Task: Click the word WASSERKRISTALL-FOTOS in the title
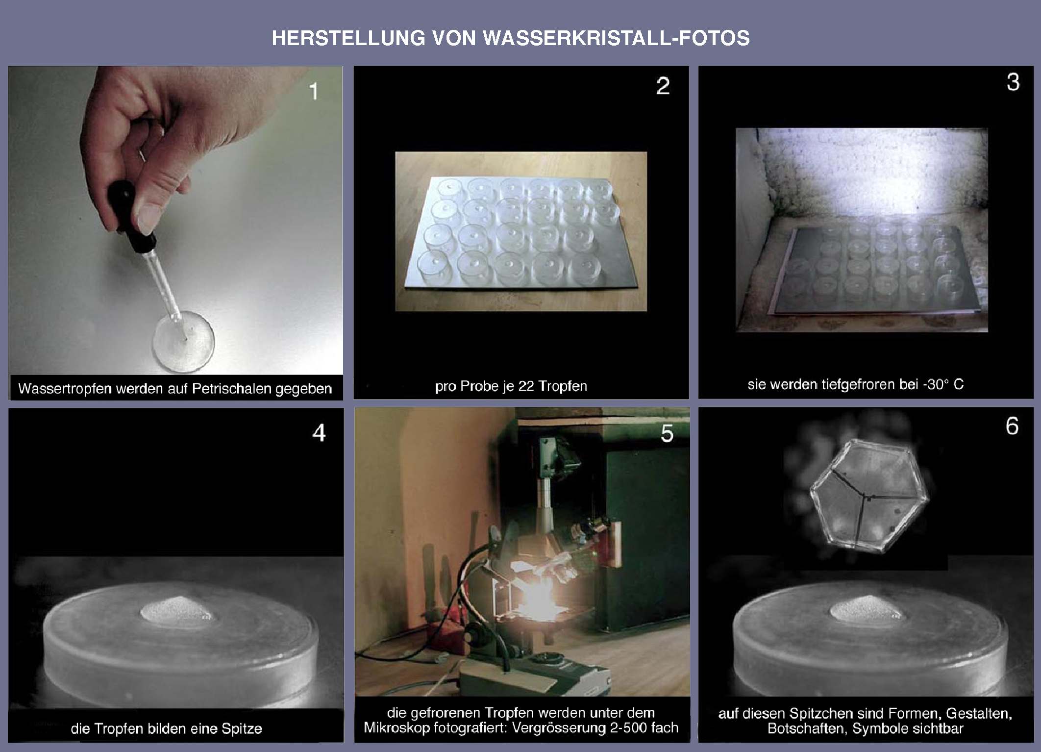(x=616, y=38)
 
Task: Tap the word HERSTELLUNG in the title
(x=348, y=38)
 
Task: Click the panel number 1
(x=314, y=91)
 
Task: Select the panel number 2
(x=663, y=86)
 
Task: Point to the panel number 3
(x=1013, y=82)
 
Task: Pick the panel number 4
(x=319, y=433)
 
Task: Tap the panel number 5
(x=667, y=433)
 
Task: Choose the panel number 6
(x=1012, y=426)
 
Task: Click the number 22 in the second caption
(x=526, y=386)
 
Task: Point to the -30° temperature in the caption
(x=936, y=384)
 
